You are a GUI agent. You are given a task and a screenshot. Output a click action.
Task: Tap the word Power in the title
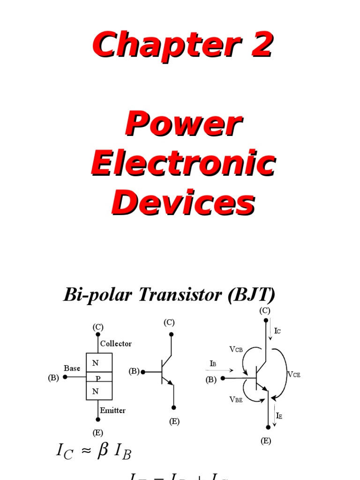182,125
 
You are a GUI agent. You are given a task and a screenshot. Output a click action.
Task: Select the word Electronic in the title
182,164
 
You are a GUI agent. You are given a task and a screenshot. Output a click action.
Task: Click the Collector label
116,344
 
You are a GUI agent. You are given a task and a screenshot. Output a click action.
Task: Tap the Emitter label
112,410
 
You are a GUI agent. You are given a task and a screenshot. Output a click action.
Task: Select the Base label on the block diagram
72,368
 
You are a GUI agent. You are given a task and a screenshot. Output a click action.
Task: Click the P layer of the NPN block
98,378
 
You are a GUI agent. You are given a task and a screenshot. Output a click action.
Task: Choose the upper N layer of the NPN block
96,363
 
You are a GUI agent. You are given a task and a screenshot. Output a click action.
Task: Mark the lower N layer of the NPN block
96,392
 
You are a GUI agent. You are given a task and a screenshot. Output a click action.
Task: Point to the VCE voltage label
293,374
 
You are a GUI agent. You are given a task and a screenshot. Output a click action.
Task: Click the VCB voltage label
236,349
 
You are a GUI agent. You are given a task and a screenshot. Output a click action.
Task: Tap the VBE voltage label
236,399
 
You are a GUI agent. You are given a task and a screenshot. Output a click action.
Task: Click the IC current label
277,331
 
